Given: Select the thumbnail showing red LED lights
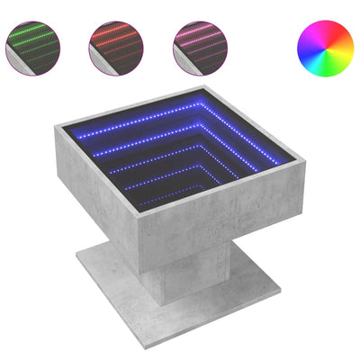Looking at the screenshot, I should pos(117,47).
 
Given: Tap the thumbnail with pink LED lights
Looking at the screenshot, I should pos(201,47).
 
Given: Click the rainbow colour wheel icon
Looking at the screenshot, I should pos(318,47).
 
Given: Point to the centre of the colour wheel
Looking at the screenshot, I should pos(318,47).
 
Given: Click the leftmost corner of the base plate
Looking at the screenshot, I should pos(76,265).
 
